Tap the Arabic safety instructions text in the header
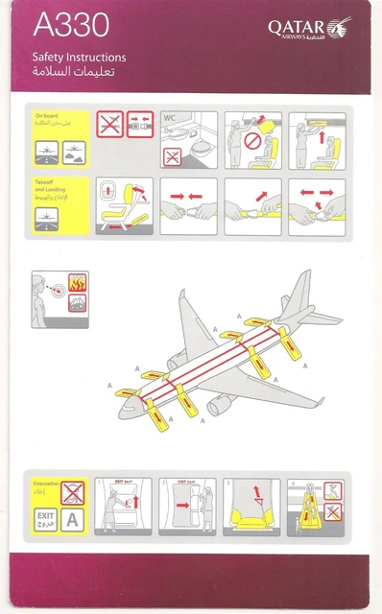tap(80, 73)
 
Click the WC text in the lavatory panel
tap(171, 117)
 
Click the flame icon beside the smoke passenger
tap(80, 283)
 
